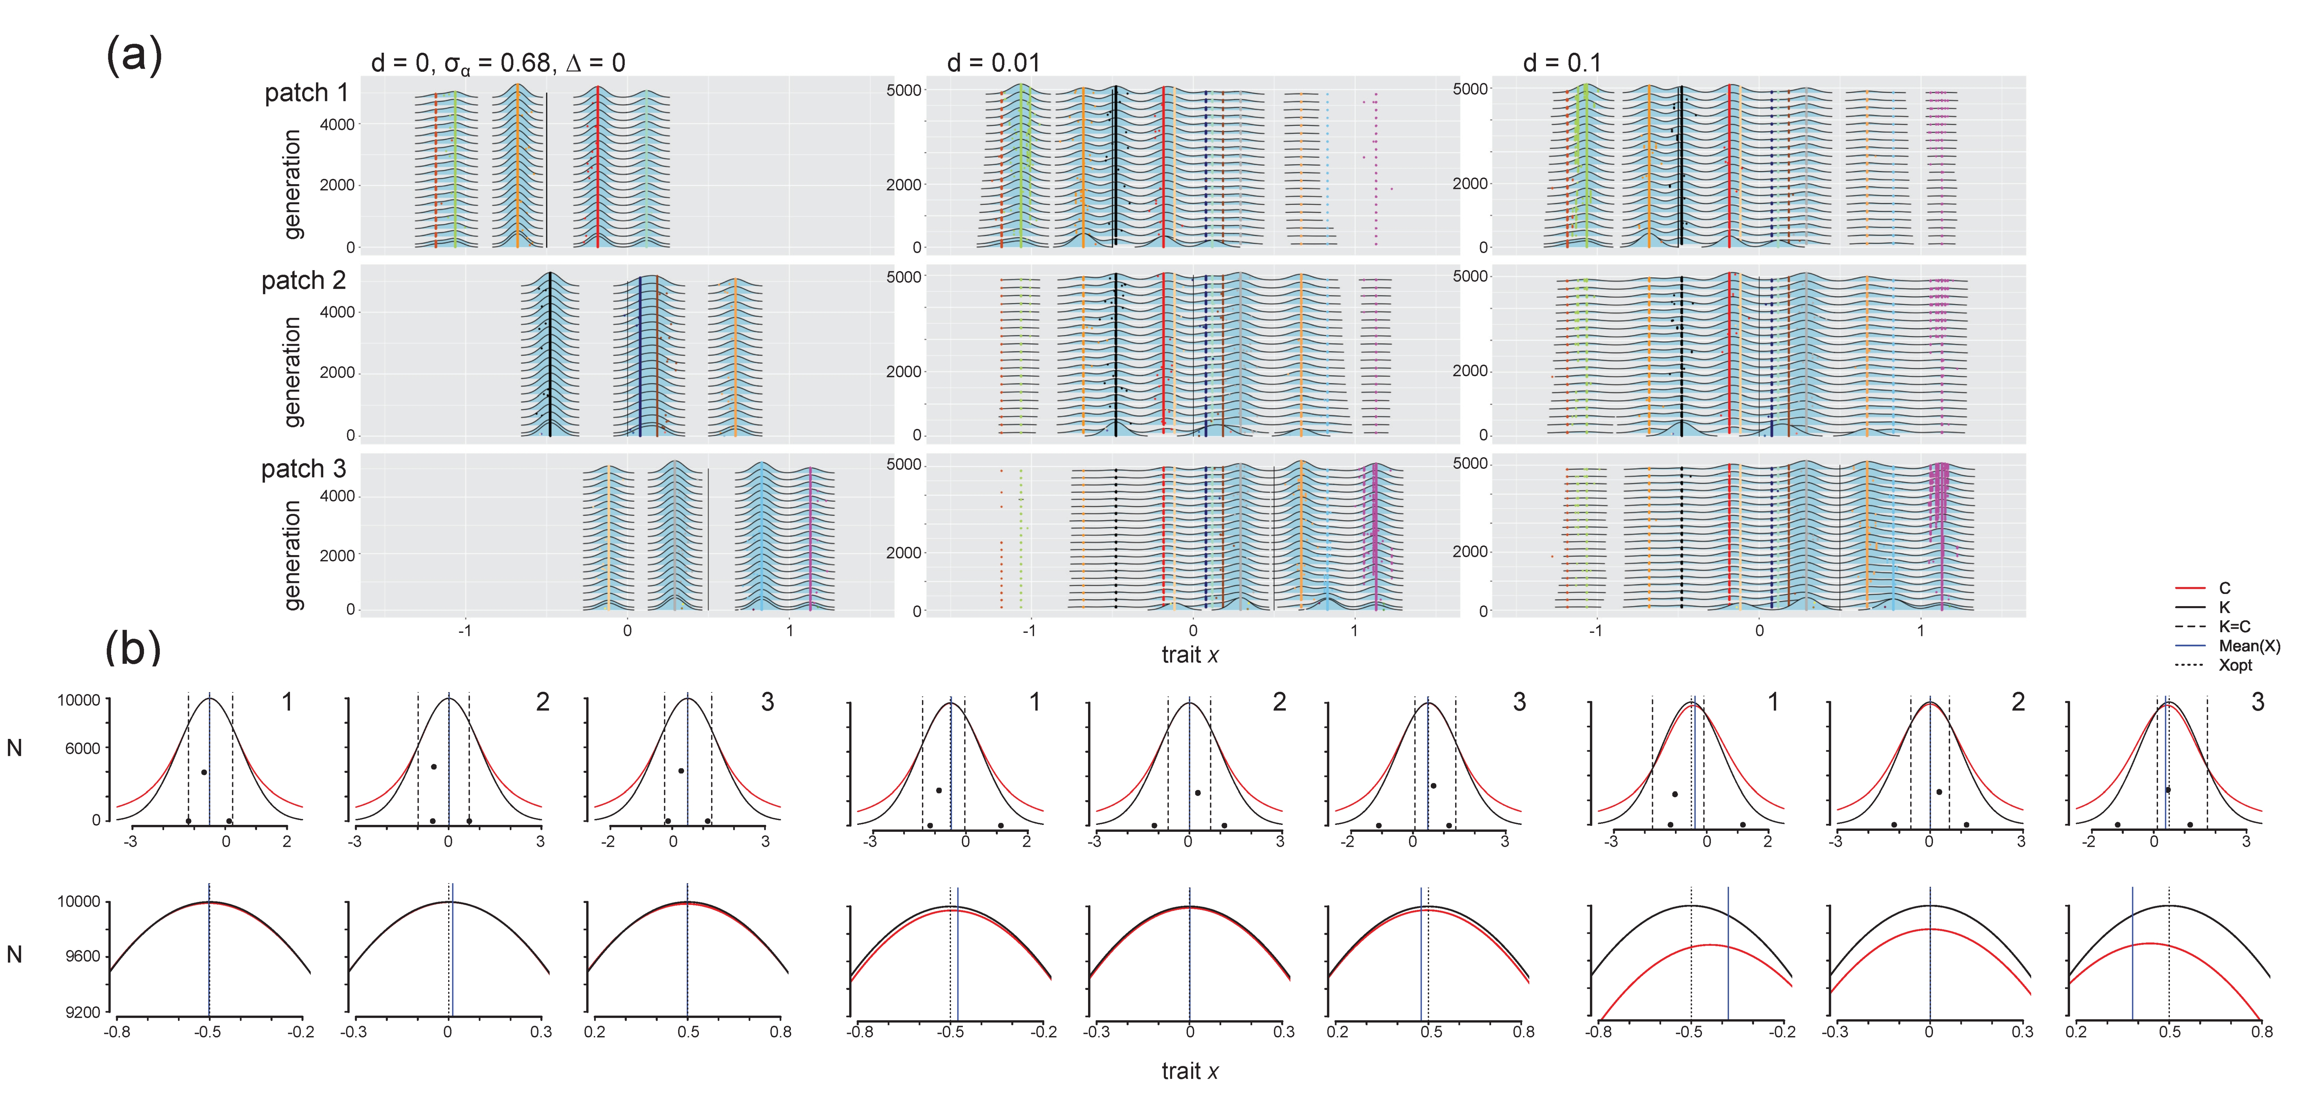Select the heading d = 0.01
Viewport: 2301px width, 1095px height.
point(993,62)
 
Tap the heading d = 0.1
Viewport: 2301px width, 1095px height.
point(1562,62)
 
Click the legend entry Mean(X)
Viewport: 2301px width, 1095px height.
point(2248,646)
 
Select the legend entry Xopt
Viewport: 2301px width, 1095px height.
point(2235,665)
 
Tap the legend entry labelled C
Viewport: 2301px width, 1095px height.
point(2224,588)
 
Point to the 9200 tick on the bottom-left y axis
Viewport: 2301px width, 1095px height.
point(82,1012)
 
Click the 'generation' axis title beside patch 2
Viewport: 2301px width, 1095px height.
point(292,372)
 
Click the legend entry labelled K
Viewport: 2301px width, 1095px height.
point(2224,607)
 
